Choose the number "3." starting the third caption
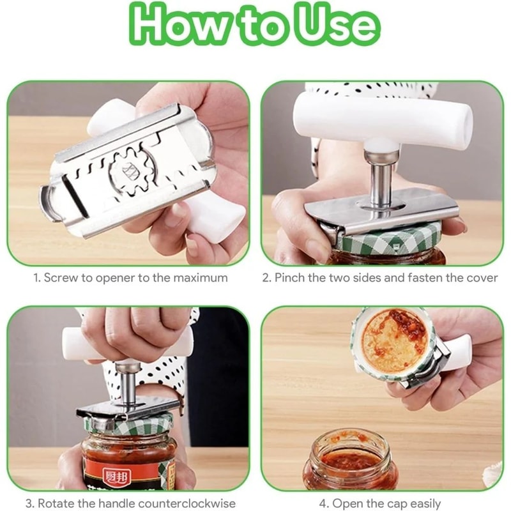[x=29, y=503]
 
